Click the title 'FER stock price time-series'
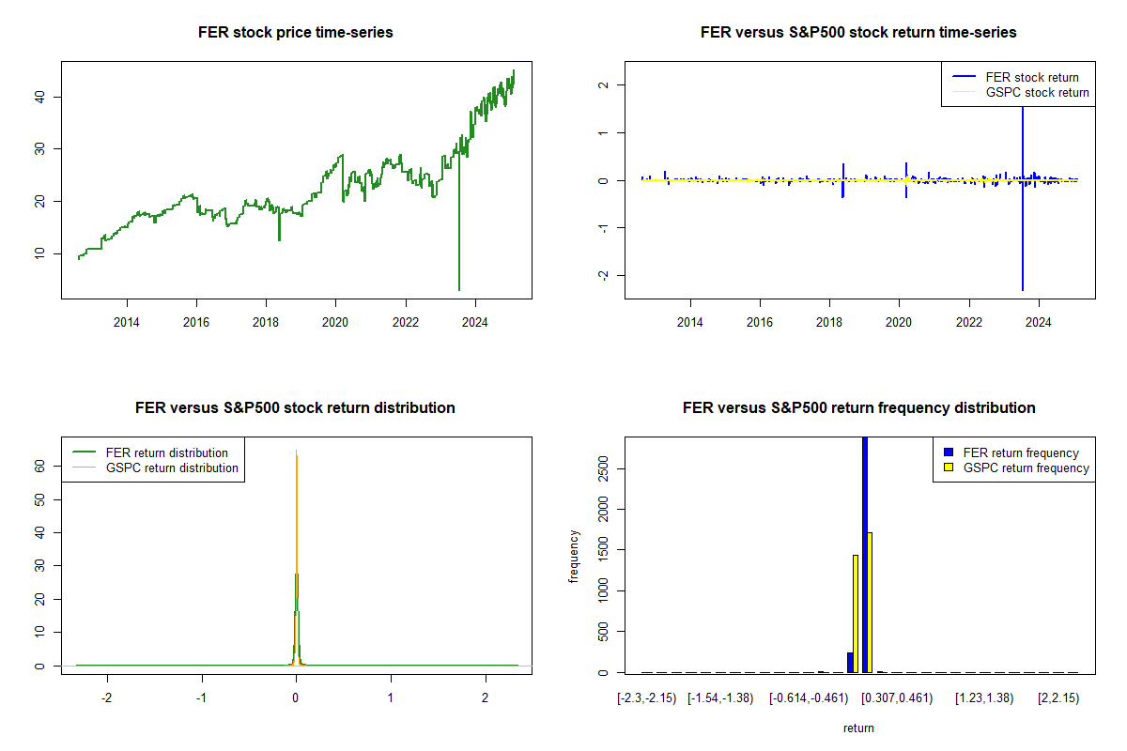[x=296, y=33]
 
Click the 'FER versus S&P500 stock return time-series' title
[x=858, y=33]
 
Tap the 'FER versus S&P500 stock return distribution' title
[x=296, y=408]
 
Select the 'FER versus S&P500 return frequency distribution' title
[x=858, y=408]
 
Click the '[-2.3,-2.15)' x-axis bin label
[x=645, y=698]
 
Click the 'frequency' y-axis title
[x=574, y=557]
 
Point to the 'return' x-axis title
[x=858, y=728]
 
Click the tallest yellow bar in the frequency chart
[x=870, y=602]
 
